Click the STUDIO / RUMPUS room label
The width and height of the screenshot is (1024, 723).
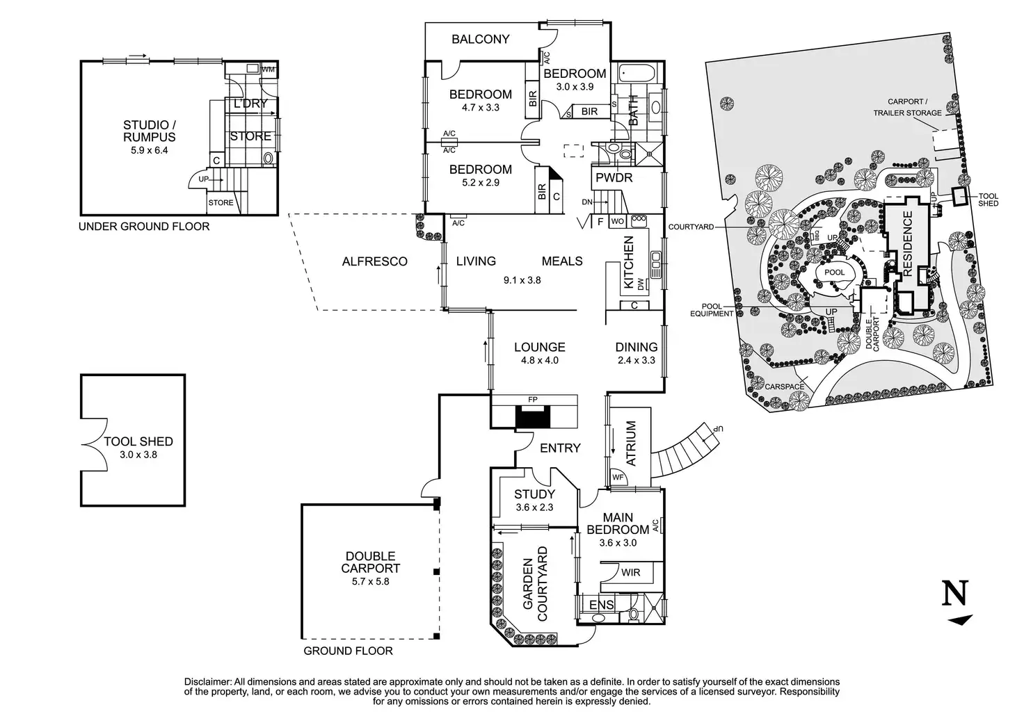(149, 131)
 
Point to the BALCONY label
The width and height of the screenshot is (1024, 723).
(480, 40)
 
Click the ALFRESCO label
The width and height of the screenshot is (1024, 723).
(374, 261)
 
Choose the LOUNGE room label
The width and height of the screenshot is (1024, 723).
(539, 348)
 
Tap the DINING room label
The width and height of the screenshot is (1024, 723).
(636, 348)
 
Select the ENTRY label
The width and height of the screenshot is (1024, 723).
(559, 448)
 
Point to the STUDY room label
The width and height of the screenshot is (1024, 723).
(534, 495)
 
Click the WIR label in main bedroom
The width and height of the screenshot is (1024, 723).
(631, 573)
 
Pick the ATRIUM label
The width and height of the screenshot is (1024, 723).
(631, 443)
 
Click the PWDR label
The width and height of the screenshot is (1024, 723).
(614, 178)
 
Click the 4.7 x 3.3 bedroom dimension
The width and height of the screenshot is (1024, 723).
(480, 108)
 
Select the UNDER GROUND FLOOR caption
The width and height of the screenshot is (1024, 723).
(144, 227)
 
